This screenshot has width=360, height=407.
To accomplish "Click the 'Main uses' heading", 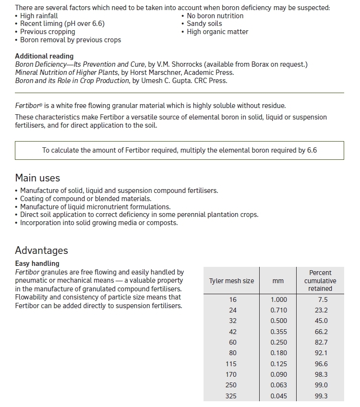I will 37,178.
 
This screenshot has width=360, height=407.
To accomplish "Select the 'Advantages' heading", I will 41,251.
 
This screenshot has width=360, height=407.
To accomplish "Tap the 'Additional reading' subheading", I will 44,56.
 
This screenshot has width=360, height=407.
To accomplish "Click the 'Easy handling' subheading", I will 37,263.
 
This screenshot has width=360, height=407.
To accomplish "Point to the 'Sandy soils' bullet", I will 205,24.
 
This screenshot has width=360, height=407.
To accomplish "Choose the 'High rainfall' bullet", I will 39,16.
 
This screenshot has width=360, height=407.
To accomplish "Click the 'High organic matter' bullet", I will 217,32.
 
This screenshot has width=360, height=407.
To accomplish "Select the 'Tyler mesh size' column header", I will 231,281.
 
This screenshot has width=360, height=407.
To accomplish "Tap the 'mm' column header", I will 278,281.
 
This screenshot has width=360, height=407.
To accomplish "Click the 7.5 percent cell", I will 323,299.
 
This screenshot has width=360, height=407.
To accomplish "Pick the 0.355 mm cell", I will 279,331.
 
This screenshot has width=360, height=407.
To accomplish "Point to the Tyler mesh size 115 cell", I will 233,364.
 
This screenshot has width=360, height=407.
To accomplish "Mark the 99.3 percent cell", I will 321,396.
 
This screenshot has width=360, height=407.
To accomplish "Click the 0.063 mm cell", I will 279,385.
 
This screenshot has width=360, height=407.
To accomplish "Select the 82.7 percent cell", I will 321,342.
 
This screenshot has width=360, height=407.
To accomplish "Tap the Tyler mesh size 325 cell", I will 233,396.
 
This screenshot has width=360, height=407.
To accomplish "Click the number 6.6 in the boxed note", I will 312,150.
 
